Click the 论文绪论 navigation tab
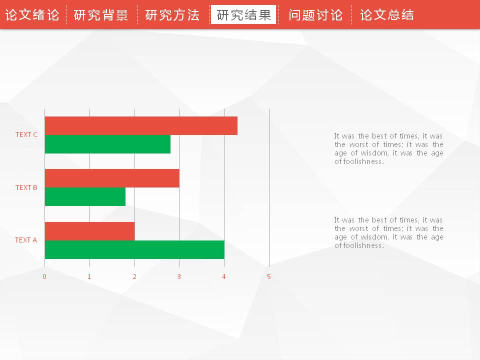tap(32, 15)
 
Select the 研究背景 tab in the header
tap(101, 15)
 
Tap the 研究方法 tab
tap(172, 15)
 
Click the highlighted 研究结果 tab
tap(243, 14)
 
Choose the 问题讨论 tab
tap(315, 15)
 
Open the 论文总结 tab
tap(387, 15)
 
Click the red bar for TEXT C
tap(141, 125)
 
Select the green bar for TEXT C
tap(108, 144)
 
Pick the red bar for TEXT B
tap(112, 178)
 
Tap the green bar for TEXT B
tap(85, 196)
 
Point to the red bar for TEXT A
tap(89, 231)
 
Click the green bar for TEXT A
tap(134, 250)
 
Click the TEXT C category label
tap(26, 134)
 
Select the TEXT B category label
tap(26, 187)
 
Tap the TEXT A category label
tap(26, 240)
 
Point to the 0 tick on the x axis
tap(44, 276)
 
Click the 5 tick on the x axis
tap(269, 276)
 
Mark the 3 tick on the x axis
tap(179, 276)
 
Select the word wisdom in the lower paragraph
tap(374, 237)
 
